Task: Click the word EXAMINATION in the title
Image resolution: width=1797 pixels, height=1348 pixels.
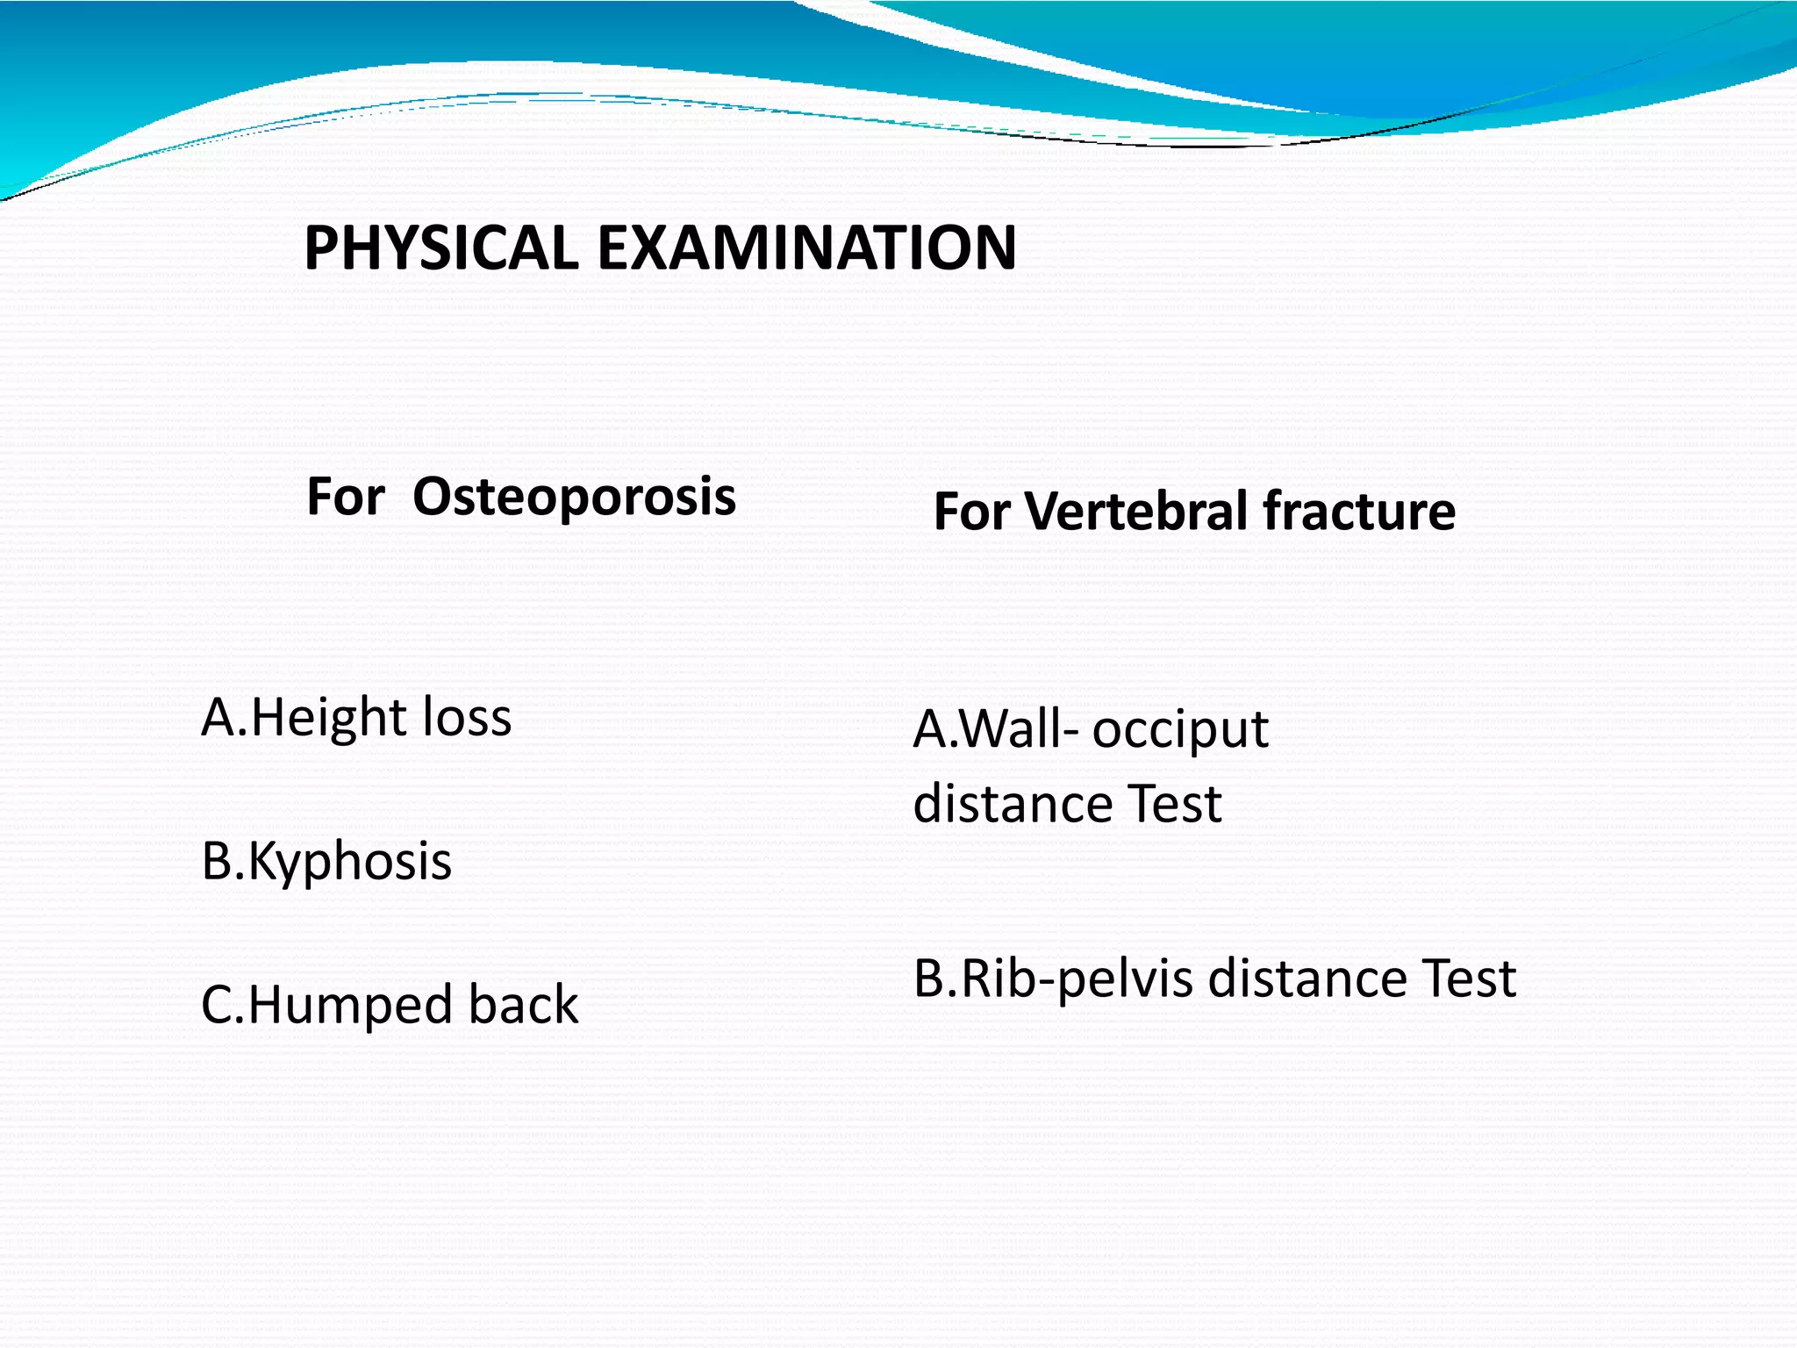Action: [x=806, y=248]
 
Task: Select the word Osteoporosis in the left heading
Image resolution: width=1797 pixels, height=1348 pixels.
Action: [x=574, y=498]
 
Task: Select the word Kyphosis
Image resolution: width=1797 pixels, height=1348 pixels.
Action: [x=350, y=863]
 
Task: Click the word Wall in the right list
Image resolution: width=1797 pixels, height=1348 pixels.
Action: [x=1009, y=729]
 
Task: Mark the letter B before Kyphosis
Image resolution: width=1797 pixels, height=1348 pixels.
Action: [x=217, y=862]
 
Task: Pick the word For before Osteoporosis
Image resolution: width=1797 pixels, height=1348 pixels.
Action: [x=346, y=498]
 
